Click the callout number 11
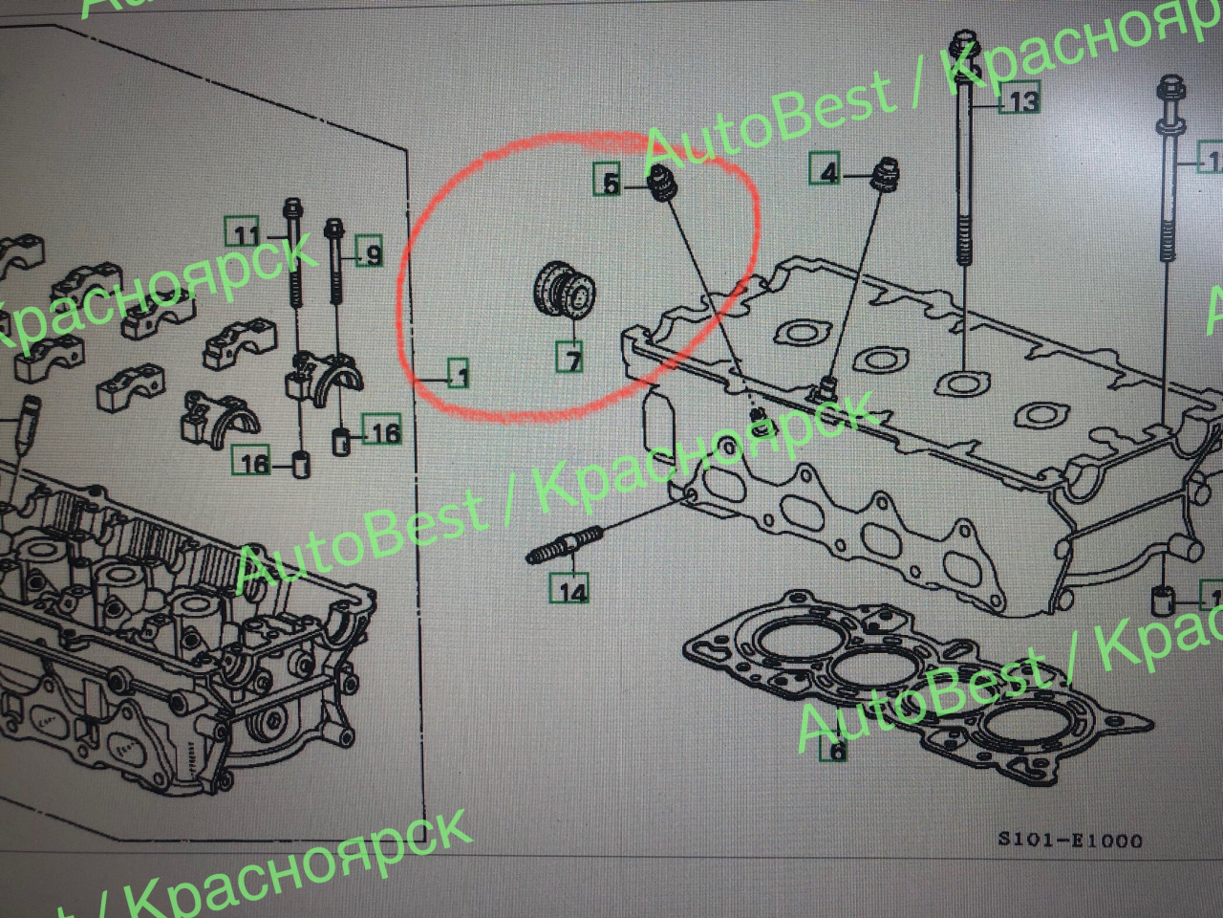pyautogui.click(x=247, y=234)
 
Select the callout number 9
pyautogui.click(x=370, y=254)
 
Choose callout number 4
pyautogui.click(x=828, y=172)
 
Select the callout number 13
pyautogui.click(x=1021, y=99)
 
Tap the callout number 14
pyautogui.click(x=572, y=590)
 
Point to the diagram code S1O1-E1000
pyautogui.click(x=1069, y=841)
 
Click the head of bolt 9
pyautogui.click(x=335, y=229)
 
